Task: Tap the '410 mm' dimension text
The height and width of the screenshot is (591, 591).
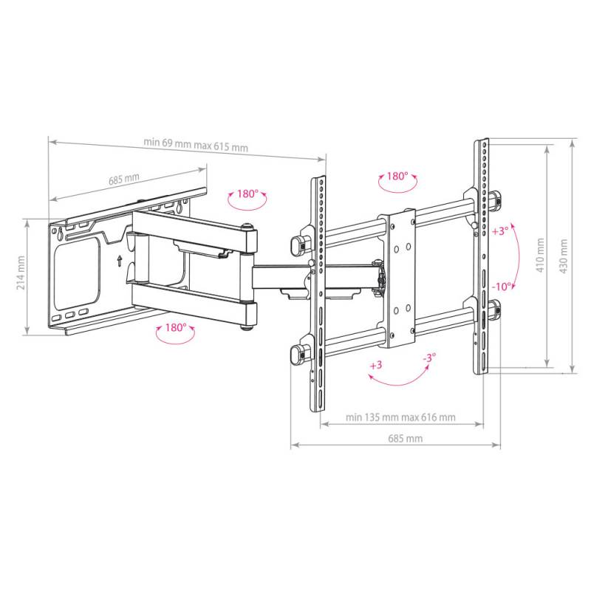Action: point(540,256)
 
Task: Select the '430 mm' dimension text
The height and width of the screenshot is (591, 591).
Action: point(565,256)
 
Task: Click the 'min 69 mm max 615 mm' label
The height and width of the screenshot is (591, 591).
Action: point(196,144)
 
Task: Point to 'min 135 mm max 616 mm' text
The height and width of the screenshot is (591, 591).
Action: point(401,417)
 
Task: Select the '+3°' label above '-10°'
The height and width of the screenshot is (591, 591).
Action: point(500,231)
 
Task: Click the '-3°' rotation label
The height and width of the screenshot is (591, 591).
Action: point(428,357)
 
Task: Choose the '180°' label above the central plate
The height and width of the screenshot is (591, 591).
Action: point(397,177)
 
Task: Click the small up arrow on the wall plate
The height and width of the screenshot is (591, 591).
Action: point(118,260)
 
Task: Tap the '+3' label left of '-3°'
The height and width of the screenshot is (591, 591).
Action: point(376,366)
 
